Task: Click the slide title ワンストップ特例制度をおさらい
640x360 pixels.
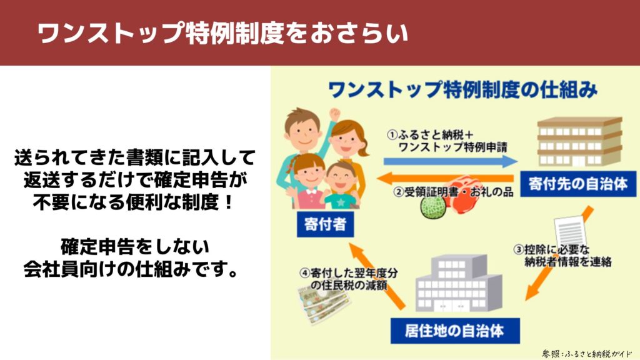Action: pos(223,32)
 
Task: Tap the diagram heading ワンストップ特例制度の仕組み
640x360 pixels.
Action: pos(463,90)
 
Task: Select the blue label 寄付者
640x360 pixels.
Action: pos(325,224)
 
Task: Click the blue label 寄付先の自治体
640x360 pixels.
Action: pos(578,184)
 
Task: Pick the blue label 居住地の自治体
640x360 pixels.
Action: pos(455,331)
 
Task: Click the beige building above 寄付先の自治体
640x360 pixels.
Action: pos(579,142)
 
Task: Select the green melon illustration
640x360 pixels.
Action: pos(433,207)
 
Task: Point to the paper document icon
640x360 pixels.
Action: pos(570,231)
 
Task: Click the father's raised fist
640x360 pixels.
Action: pos(335,114)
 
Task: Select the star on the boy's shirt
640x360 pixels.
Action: pos(341,202)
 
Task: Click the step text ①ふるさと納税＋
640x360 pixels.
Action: pos(430,134)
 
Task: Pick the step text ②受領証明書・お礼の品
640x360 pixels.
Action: pos(453,191)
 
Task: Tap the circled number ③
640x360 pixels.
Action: pos(518,249)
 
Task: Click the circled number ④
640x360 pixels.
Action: pos(304,272)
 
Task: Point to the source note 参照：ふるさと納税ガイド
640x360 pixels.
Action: pos(586,354)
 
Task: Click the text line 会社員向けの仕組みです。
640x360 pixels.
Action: pos(131,269)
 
